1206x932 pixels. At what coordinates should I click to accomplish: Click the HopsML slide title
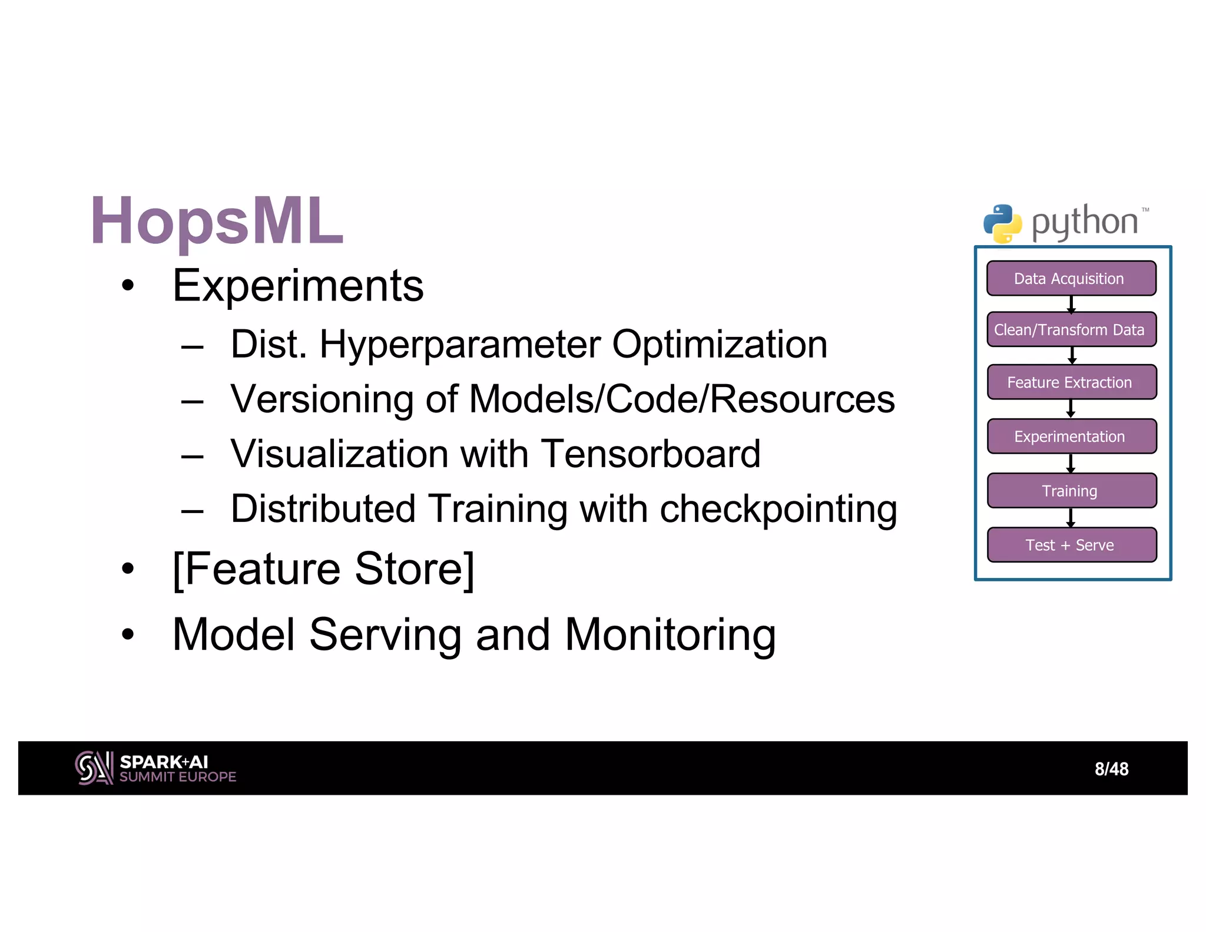[x=217, y=221]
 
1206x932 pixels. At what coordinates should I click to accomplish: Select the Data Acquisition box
[x=1071, y=278]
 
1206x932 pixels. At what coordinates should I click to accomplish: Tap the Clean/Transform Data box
[x=1071, y=329]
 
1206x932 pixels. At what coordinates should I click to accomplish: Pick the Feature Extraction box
[x=1071, y=382]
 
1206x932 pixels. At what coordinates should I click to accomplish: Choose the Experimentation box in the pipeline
[x=1071, y=437]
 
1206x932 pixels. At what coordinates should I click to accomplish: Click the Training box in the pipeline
[x=1071, y=491]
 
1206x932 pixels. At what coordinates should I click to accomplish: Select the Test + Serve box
[x=1071, y=545]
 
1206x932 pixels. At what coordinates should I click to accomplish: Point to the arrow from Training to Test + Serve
[x=1071, y=517]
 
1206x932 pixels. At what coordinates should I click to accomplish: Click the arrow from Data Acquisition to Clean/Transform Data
[x=1071, y=304]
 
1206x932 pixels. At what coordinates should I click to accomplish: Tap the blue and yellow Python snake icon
[x=1002, y=224]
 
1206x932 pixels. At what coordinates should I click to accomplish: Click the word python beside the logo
[x=1084, y=223]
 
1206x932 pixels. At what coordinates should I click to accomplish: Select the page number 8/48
[x=1111, y=769]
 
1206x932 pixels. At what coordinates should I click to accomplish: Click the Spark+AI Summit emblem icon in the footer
[x=94, y=768]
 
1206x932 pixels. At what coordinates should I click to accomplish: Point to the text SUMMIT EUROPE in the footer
[x=177, y=777]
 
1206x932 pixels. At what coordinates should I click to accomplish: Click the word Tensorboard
[x=650, y=454]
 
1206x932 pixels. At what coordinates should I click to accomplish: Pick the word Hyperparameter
[x=460, y=344]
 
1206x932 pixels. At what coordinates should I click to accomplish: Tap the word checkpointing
[x=778, y=509]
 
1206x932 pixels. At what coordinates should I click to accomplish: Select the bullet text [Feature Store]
[x=323, y=569]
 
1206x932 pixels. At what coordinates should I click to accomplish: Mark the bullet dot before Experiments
[x=128, y=286]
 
